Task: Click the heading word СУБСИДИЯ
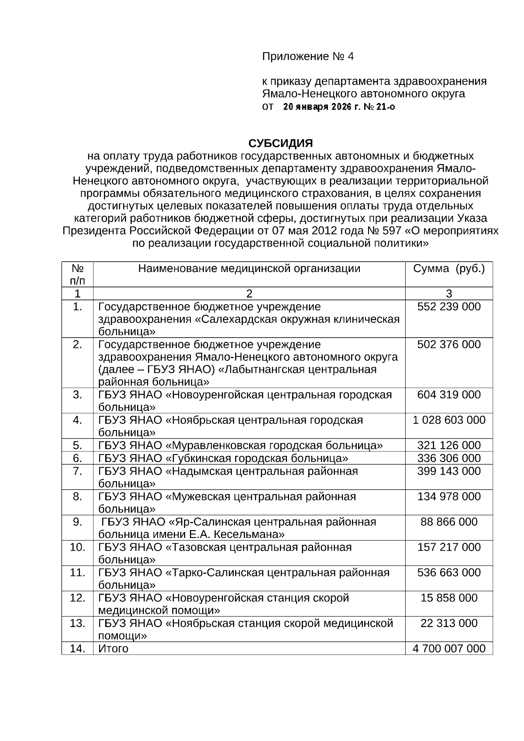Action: click(x=280, y=143)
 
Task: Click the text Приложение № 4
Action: click(x=307, y=56)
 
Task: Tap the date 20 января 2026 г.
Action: click(x=318, y=107)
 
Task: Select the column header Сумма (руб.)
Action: click(x=449, y=268)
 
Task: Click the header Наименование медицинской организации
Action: click(x=249, y=268)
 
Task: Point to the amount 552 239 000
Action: click(x=449, y=307)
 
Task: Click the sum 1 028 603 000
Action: click(x=449, y=420)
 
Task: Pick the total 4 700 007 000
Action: click(x=449, y=648)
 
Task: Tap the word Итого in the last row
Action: click(x=113, y=648)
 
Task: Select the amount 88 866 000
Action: click(x=449, y=522)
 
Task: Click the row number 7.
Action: click(x=77, y=471)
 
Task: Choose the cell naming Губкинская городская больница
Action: click(x=223, y=458)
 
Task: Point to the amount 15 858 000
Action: click(x=449, y=598)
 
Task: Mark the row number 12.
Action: click(x=77, y=598)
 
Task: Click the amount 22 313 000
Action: click(x=449, y=623)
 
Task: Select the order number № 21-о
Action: click(x=379, y=107)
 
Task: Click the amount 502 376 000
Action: click(x=449, y=345)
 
